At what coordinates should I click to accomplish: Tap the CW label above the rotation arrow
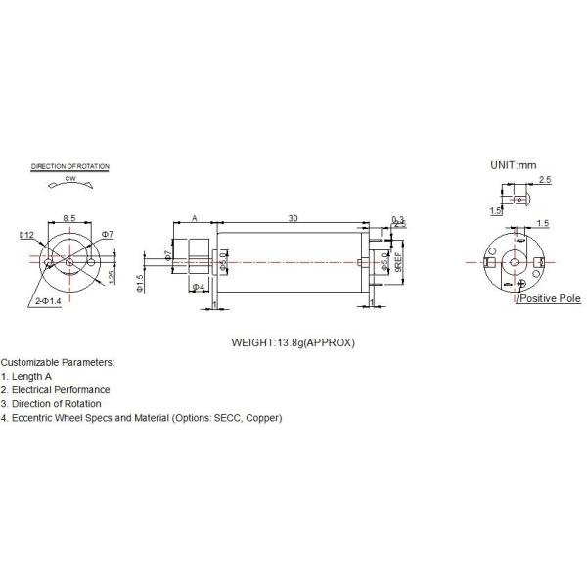pos(71,180)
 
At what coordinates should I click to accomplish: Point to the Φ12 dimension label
pos(26,235)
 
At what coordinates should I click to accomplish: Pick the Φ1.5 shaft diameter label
pos(140,282)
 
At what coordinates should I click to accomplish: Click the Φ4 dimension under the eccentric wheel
pos(199,287)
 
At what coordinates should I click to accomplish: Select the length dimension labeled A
pos(195,217)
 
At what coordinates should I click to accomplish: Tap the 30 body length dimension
pos(293,217)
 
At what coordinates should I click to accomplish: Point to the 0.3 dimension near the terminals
pos(397,219)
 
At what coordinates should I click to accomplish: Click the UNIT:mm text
pos(515,166)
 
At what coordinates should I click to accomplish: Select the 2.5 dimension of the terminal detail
pos(545,181)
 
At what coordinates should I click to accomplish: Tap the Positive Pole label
pos(550,298)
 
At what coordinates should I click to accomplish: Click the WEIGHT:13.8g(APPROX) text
pos(293,343)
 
